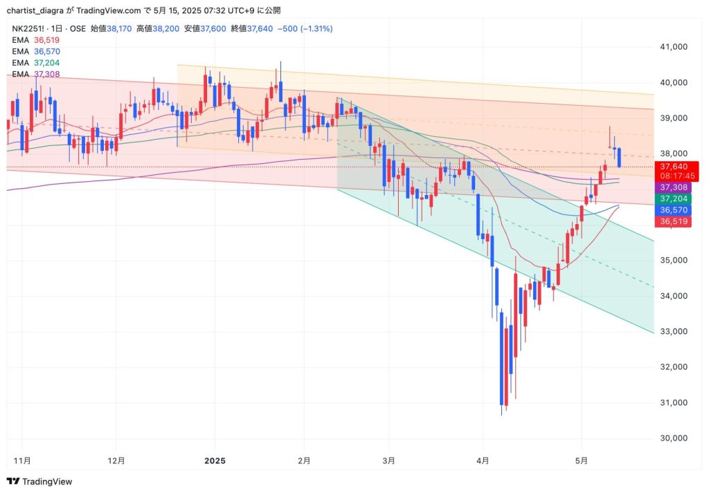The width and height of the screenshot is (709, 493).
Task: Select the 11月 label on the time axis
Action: pyautogui.click(x=23, y=460)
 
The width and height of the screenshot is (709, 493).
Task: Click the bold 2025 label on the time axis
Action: pyautogui.click(x=215, y=460)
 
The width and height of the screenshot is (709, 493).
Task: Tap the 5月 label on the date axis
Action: pyautogui.click(x=582, y=460)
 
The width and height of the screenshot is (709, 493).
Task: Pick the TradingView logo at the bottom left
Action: pyautogui.click(x=39, y=481)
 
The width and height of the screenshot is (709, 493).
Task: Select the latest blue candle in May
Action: pyautogui.click(x=619, y=157)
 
